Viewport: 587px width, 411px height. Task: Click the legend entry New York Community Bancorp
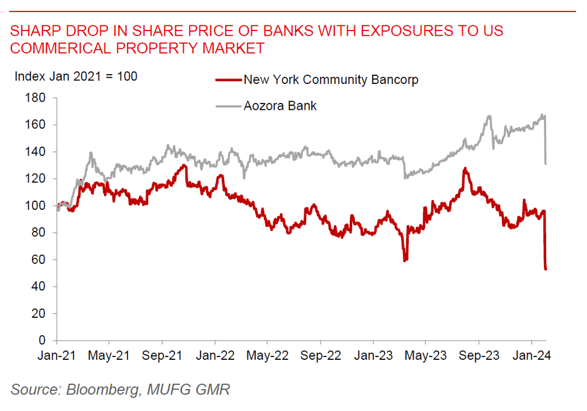(x=331, y=80)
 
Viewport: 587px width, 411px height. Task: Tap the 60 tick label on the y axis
(x=40, y=260)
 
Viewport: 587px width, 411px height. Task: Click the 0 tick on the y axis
(x=44, y=341)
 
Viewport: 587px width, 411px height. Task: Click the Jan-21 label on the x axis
(x=57, y=356)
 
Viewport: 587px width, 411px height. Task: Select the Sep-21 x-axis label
(x=163, y=356)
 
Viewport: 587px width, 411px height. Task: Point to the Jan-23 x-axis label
(x=373, y=356)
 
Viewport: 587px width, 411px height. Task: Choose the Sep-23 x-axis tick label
(x=478, y=356)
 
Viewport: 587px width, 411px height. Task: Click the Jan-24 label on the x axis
(x=531, y=356)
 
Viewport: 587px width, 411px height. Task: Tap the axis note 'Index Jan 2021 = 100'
(x=76, y=76)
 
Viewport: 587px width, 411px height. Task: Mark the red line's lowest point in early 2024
(x=546, y=268)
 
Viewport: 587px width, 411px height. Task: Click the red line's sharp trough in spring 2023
(x=405, y=260)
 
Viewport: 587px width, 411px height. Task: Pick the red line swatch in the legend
(x=228, y=80)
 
